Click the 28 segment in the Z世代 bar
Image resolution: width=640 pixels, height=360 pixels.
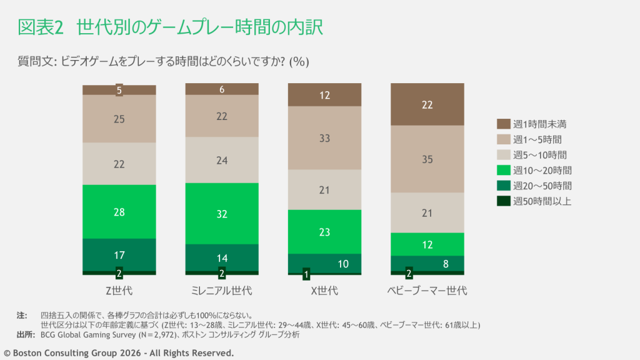(119, 212)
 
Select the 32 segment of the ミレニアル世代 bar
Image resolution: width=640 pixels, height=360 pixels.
(222, 213)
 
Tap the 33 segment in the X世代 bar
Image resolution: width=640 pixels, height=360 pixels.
(324, 138)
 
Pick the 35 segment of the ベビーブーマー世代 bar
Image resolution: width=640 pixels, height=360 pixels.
(427, 159)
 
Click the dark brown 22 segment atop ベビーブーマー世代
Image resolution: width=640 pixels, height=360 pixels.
(427, 105)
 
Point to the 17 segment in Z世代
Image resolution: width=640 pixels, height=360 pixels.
(119, 255)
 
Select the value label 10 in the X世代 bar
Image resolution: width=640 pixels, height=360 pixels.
(342, 264)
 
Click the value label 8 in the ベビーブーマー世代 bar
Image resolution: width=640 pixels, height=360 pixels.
(445, 264)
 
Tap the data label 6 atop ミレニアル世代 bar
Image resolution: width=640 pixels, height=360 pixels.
(222, 89)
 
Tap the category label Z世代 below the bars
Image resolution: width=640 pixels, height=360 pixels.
(119, 291)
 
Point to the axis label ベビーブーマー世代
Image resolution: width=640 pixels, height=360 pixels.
(427, 291)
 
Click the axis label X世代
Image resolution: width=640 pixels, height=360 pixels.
(324, 291)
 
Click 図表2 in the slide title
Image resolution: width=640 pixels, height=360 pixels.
(39, 27)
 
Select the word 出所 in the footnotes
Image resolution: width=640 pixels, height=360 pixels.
(24, 334)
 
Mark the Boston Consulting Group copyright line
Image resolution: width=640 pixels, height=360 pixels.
(119, 353)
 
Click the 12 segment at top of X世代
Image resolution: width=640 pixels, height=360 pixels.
(324, 95)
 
